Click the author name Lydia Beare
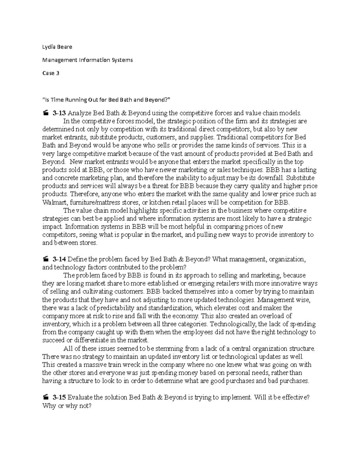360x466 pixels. point(57,47)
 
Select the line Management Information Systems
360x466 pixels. point(87,60)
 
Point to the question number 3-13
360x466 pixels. point(59,113)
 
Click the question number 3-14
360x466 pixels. point(59,259)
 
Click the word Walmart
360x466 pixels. point(53,202)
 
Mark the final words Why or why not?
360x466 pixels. point(67,406)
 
